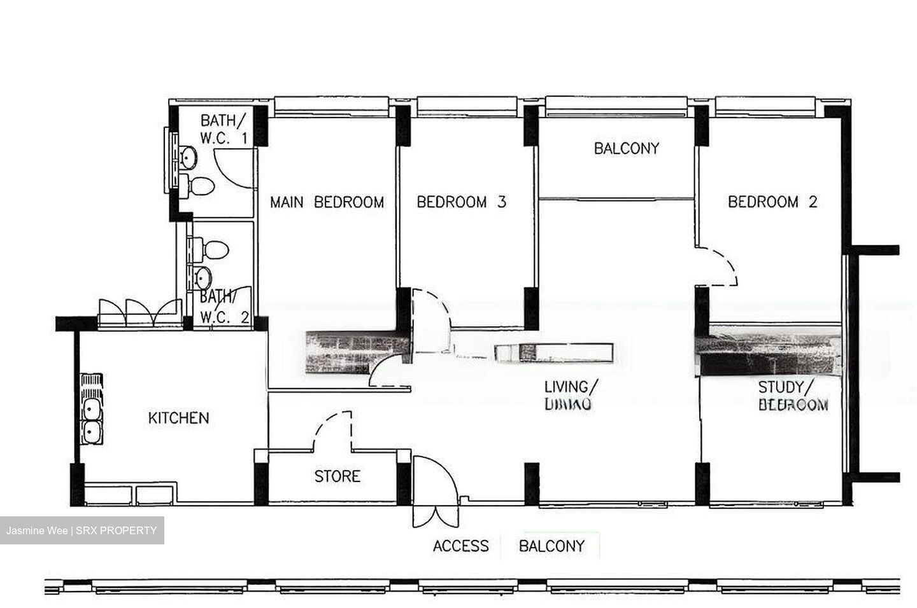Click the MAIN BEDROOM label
tap(327, 202)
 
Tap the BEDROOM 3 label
tap(461, 202)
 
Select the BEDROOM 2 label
tap(772, 202)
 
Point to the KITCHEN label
tap(178, 418)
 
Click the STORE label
tap(337, 476)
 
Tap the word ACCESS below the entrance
tap(460, 546)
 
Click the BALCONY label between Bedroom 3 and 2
tap(626, 148)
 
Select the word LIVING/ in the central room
tap(571, 387)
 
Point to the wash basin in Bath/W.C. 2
tap(202, 278)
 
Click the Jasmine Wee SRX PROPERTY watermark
tap(82, 530)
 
